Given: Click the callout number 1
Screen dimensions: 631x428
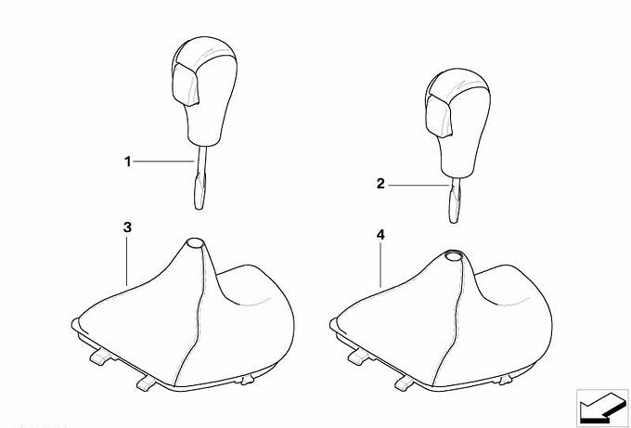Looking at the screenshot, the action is (x=127, y=162).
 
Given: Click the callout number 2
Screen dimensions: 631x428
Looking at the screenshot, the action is (x=380, y=184).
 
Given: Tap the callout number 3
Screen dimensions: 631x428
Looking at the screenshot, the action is (x=127, y=227).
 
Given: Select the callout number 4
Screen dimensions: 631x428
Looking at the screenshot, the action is (x=380, y=235).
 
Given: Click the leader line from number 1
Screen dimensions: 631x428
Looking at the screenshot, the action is (x=164, y=162).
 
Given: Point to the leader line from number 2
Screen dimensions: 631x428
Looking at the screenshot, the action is (x=419, y=185).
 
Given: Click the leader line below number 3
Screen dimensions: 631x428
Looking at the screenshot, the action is (x=127, y=261).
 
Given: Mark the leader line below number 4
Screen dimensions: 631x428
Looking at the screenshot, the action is (x=380, y=265).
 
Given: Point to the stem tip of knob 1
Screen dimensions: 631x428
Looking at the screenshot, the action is (x=200, y=206).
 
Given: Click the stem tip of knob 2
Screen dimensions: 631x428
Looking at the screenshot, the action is (x=454, y=220).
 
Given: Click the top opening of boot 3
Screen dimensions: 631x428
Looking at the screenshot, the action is (x=194, y=243).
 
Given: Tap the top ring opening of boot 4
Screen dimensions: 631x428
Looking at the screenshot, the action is (x=454, y=255).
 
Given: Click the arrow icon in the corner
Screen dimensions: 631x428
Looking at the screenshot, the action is (x=602, y=407).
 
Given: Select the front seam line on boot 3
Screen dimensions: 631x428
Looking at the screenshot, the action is (x=193, y=314).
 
